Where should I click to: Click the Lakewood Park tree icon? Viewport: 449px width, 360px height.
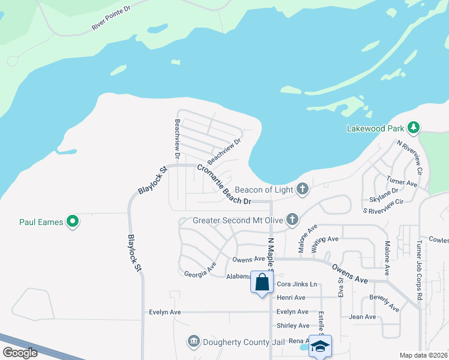(x=413, y=127)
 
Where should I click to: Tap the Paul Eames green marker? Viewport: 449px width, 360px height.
(x=73, y=222)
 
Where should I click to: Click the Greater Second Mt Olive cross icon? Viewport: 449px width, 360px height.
(x=292, y=219)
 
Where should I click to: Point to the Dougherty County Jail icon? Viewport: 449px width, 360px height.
(x=193, y=341)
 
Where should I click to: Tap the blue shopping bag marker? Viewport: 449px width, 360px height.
(x=262, y=282)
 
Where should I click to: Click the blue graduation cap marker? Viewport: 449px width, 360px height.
(x=320, y=346)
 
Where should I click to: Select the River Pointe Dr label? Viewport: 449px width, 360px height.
(x=111, y=19)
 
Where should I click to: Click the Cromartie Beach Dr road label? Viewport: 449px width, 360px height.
(x=223, y=184)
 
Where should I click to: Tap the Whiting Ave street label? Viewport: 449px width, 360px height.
(x=325, y=239)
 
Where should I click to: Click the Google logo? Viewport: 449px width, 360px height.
(x=19, y=353)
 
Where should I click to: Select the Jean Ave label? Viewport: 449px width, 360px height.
(x=363, y=317)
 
